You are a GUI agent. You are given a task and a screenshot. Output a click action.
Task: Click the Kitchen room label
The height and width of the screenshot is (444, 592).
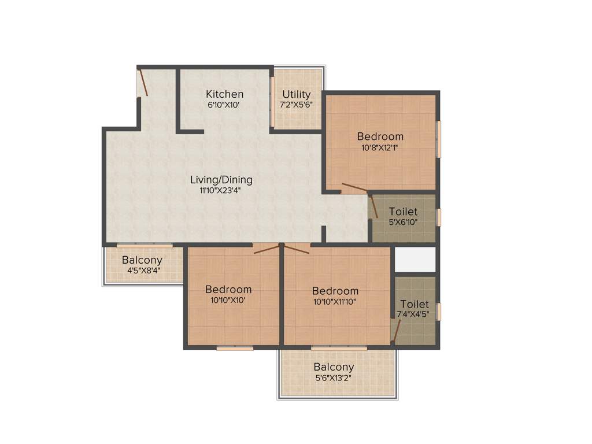tap(225, 94)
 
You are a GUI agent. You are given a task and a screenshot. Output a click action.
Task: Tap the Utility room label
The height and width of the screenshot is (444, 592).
tap(297, 94)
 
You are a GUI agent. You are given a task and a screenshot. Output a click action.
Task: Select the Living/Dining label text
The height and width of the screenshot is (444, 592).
tap(223, 180)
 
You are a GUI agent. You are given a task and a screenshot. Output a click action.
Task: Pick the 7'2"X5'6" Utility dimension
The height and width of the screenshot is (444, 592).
tap(296, 105)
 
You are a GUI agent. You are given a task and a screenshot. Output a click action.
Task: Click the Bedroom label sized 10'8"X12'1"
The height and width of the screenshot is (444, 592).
tap(380, 136)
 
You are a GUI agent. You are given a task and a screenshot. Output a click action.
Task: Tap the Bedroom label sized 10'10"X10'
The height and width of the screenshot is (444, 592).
tap(229, 290)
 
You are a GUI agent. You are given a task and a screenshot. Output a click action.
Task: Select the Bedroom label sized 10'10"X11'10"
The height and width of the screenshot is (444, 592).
tap(335, 291)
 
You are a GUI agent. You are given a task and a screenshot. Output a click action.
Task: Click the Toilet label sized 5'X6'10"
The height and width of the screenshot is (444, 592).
tap(403, 212)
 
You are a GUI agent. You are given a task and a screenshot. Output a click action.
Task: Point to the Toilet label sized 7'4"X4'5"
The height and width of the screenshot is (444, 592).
tap(415, 304)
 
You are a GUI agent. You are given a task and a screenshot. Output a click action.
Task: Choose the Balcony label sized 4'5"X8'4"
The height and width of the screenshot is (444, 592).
tap(142, 260)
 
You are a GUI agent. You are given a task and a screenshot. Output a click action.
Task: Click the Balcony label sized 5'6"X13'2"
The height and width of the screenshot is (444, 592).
tap(334, 367)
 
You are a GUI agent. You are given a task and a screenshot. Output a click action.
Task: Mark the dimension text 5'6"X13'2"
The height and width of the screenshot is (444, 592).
tap(334, 378)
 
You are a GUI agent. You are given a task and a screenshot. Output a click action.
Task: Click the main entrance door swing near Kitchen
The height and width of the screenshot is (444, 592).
tap(143, 83)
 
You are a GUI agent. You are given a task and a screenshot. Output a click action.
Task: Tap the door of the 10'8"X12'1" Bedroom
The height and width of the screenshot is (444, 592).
tap(354, 187)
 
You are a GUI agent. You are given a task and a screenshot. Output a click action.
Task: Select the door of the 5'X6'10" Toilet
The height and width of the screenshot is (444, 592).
tap(374, 207)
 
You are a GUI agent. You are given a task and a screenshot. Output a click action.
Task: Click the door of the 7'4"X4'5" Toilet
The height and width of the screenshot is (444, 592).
tap(396, 327)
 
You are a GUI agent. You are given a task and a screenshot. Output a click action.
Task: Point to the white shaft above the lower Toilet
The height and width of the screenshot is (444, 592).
tap(415, 259)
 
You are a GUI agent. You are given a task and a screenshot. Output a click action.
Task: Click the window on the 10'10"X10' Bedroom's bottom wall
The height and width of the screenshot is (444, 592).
tap(235, 349)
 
